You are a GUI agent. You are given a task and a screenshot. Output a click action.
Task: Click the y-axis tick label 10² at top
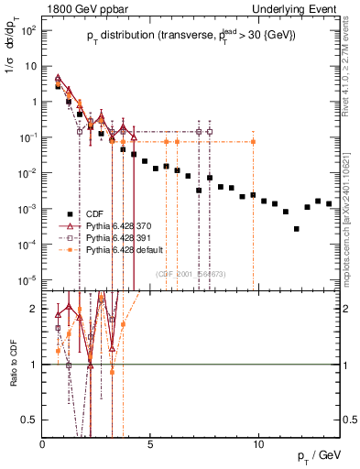tap(29, 30)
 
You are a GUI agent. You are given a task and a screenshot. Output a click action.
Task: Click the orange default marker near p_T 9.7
tap(253, 142)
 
